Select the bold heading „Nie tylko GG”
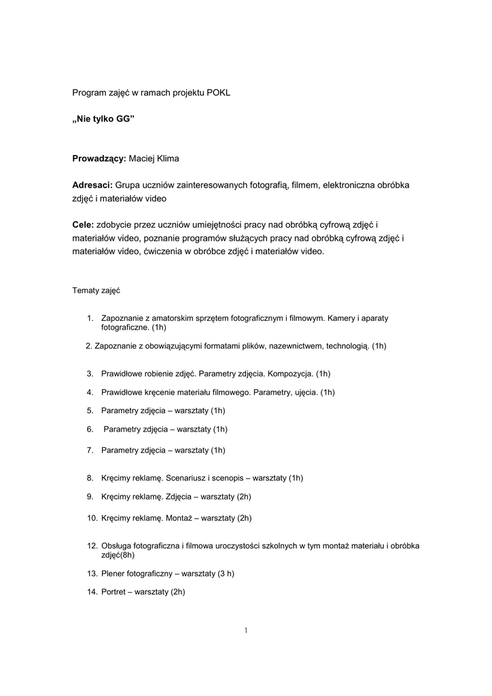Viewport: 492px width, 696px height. pyautogui.click(x=104, y=119)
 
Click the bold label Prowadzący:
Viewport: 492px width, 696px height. pyautogui.click(x=99, y=158)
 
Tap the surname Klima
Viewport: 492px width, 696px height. pyautogui.click(x=167, y=158)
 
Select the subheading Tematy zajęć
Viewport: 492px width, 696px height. pyautogui.click(x=96, y=290)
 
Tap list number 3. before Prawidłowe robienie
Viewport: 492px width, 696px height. pyautogui.click(x=90, y=374)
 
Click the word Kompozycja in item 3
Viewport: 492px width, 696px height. pyautogui.click(x=291, y=374)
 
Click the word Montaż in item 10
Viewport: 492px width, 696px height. pyautogui.click(x=179, y=518)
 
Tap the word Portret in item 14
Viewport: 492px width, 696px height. pyautogui.click(x=115, y=592)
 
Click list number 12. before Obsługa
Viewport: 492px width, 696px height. pyautogui.click(x=92, y=546)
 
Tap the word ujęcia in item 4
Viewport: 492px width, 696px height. pyautogui.click(x=306, y=392)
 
